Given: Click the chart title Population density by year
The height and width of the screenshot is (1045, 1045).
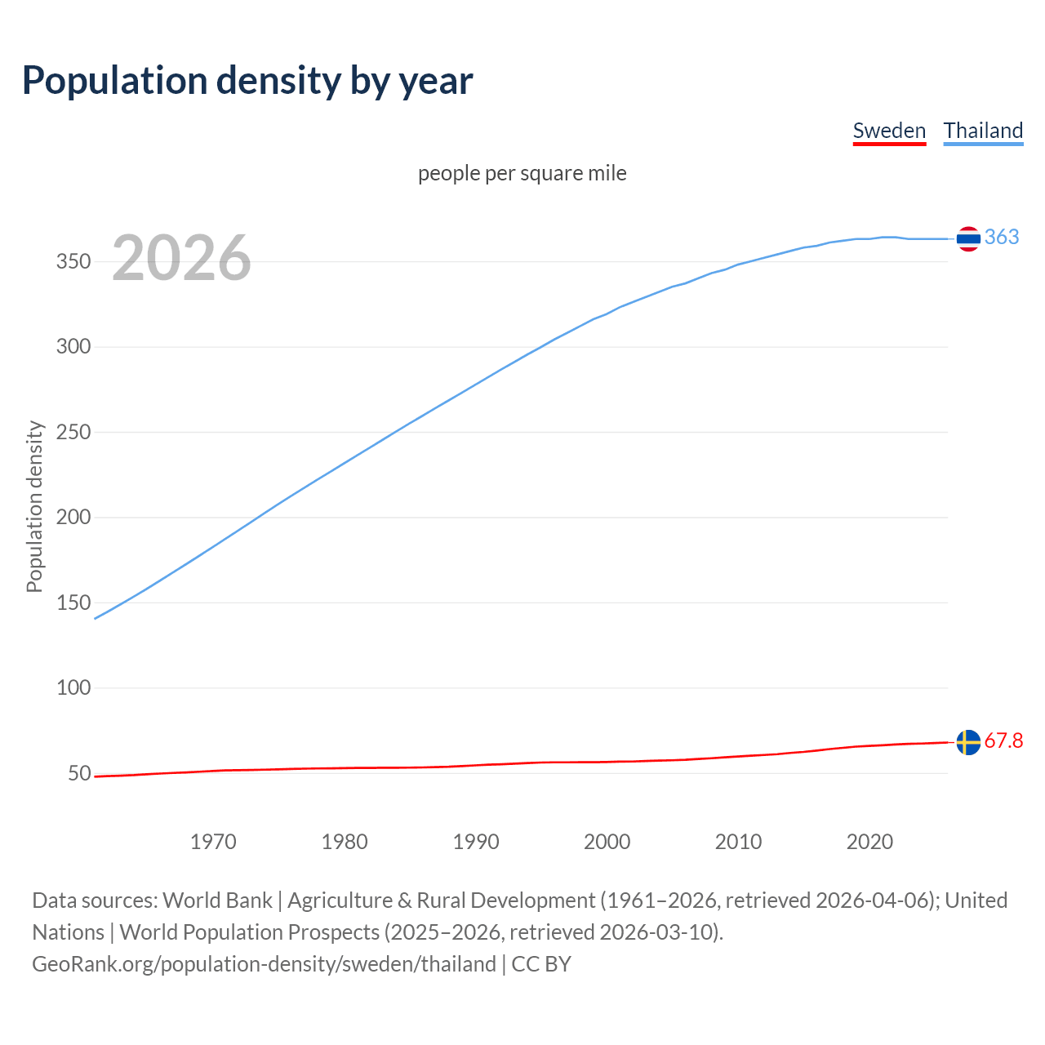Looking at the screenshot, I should [247, 81].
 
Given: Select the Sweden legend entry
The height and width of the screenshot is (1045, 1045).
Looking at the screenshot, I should [889, 131].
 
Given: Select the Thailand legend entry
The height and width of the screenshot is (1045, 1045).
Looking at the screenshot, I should [983, 131].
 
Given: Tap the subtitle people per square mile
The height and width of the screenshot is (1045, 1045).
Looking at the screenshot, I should [522, 173].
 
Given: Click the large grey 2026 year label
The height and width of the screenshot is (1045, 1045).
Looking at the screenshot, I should [181, 258].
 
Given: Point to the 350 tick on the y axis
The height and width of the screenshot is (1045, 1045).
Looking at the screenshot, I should [73, 262].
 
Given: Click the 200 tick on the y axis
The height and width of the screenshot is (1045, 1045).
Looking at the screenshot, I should [73, 518].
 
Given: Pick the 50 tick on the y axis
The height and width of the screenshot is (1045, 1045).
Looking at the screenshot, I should [78, 773].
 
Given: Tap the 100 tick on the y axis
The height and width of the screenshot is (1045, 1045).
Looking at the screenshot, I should [73, 687].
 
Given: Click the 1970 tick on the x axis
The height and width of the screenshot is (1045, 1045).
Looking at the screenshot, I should [213, 842].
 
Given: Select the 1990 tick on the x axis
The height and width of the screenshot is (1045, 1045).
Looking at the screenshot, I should [476, 842].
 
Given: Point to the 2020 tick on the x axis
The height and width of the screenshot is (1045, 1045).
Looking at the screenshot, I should [869, 842].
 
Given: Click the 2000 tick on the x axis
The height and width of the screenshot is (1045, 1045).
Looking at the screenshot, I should [607, 842].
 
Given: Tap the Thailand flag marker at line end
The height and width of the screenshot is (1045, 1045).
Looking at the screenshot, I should [968, 238].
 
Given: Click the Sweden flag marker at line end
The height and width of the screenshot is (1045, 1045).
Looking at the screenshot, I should [968, 742].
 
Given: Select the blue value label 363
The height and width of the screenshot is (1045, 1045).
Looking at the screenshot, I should [1002, 237].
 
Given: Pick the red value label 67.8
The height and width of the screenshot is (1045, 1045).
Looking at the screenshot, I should [1003, 740].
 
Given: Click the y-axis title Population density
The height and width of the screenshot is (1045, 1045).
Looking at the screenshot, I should [34, 506].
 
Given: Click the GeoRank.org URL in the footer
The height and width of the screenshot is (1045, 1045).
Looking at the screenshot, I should [264, 964].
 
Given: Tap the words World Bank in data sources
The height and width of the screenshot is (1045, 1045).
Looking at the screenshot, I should [217, 900].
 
